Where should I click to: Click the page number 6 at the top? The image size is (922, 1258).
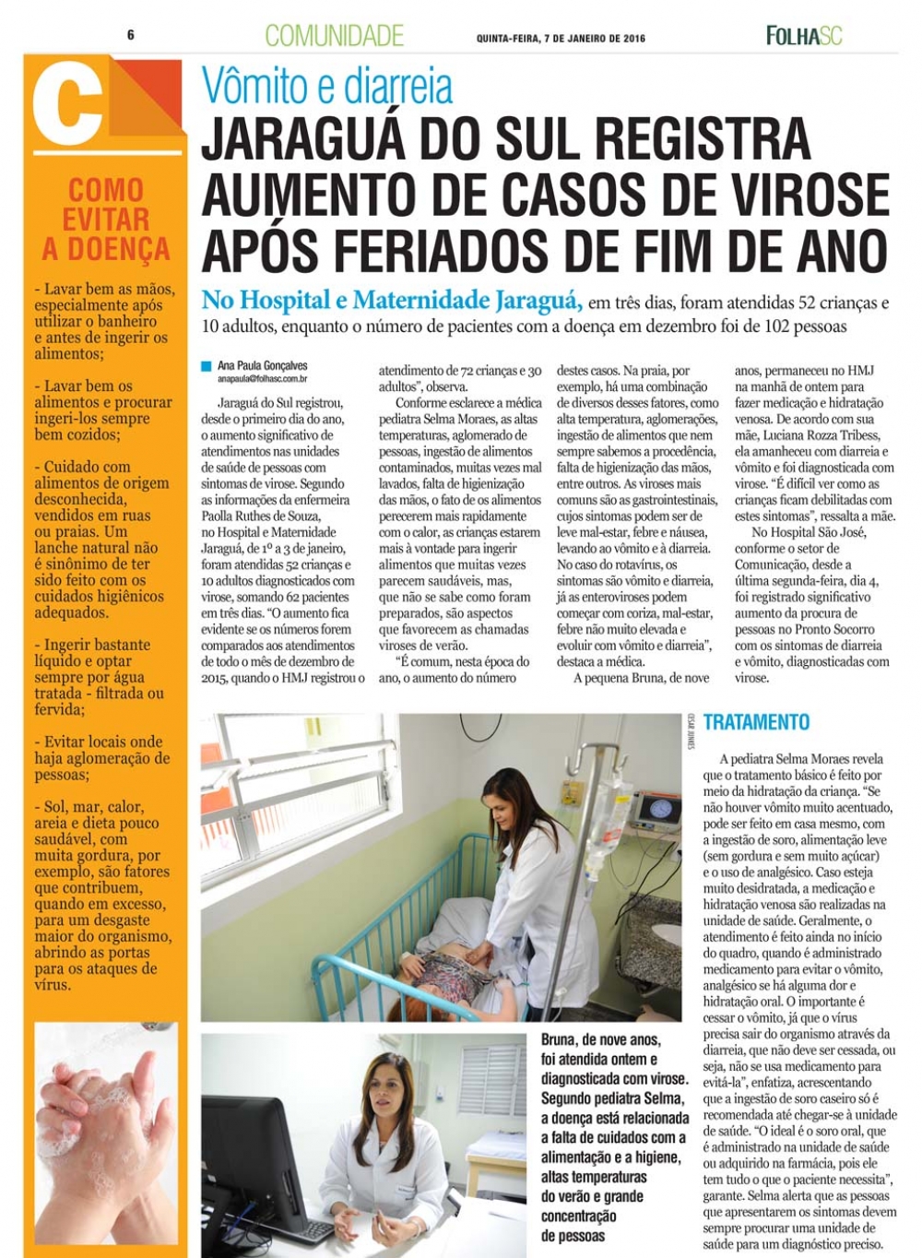pos(131,35)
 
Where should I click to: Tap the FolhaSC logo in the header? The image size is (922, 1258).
pos(804,36)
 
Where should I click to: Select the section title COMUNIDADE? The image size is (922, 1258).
pos(334,36)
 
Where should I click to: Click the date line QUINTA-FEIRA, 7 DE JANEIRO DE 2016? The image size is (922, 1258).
pos(561,39)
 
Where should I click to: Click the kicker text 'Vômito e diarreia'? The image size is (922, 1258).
pos(327,88)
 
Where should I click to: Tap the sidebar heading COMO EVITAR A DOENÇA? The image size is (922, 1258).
pos(105,220)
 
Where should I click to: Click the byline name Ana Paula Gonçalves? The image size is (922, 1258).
pos(263,366)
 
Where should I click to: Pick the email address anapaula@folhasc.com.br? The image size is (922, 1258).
pos(263,379)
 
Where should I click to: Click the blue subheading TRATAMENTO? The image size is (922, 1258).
pos(756,722)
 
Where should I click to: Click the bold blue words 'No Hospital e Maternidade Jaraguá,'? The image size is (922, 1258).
pos(392,301)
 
